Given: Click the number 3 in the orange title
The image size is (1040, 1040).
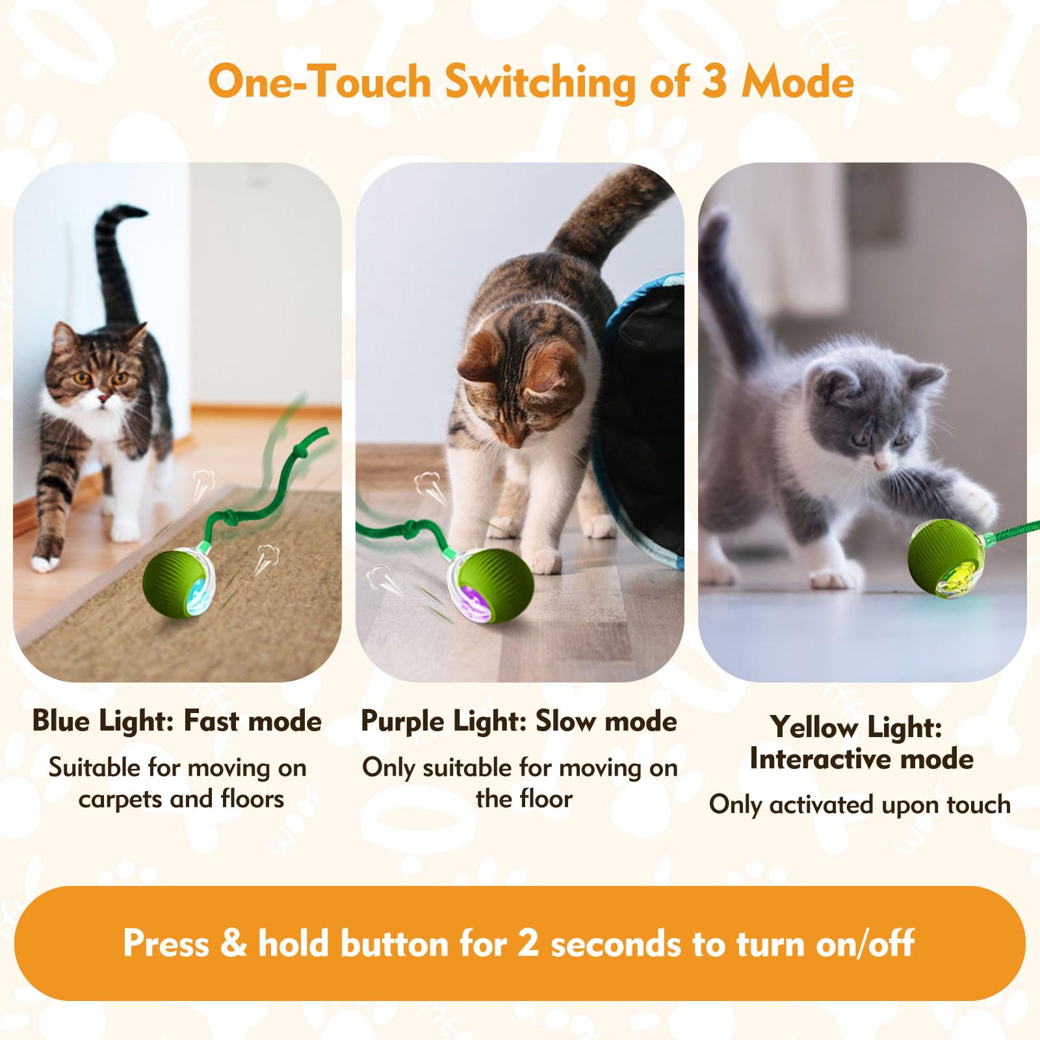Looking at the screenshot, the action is [714, 83].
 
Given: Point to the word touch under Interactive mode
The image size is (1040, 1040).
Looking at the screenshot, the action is [978, 804].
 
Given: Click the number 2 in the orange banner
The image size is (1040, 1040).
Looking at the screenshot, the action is [528, 942].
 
